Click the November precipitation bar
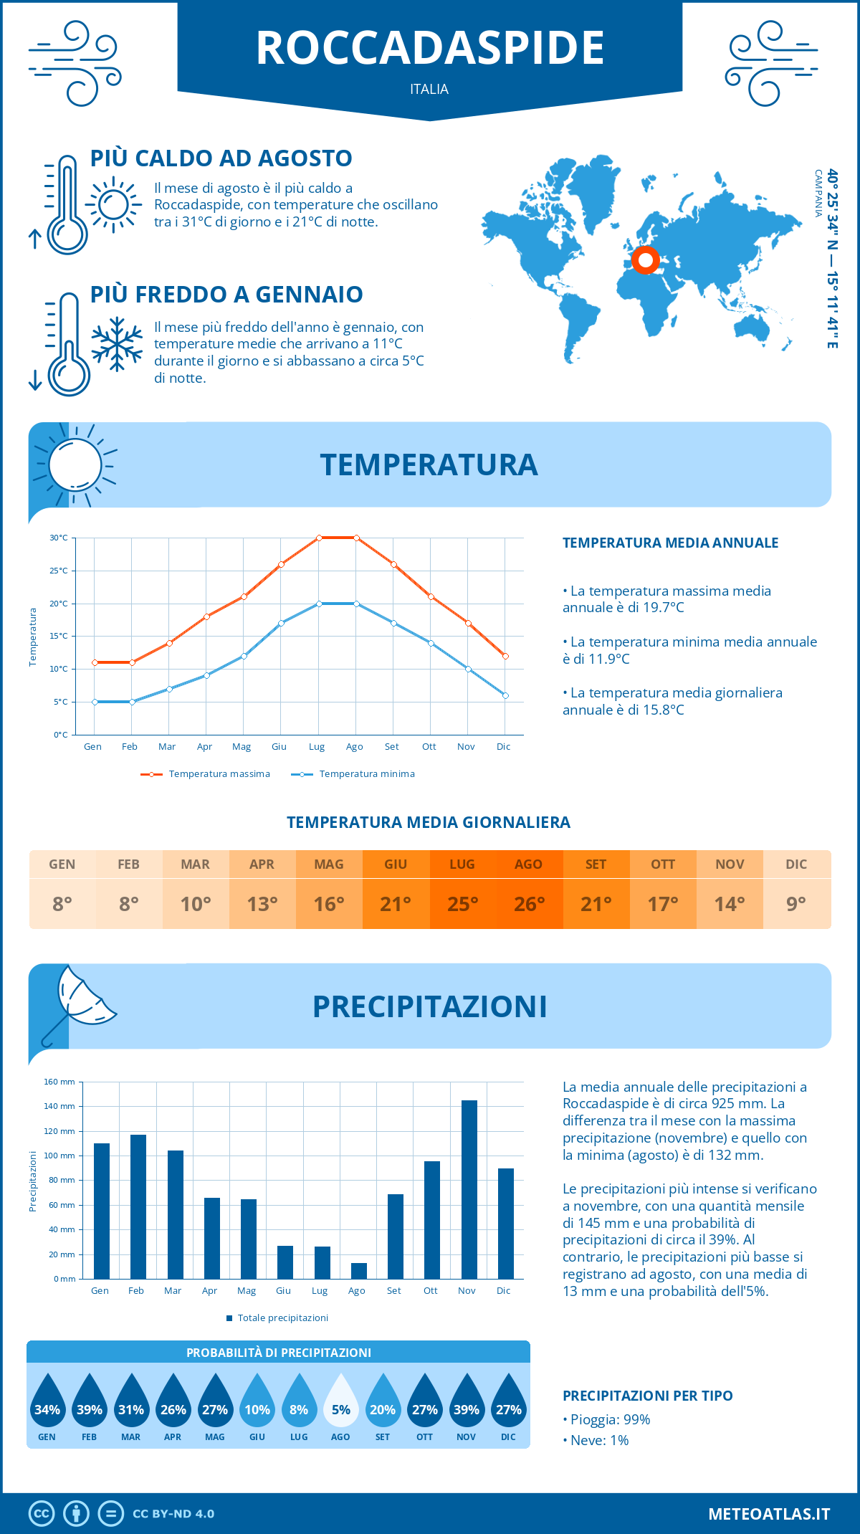[469, 1189]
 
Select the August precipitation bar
[359, 1271]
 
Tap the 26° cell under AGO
[529, 904]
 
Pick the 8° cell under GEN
[62, 904]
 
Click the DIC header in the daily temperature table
[796, 864]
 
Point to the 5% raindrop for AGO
[341, 1401]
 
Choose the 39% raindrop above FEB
[90, 1401]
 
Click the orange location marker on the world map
[646, 260]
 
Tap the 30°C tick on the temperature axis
[59, 538]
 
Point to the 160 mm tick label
[60, 1082]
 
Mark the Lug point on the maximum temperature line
[319, 538]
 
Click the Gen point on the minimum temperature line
[95, 702]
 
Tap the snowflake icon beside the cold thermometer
[117, 344]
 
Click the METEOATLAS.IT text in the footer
[769, 1514]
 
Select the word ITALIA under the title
[429, 90]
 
